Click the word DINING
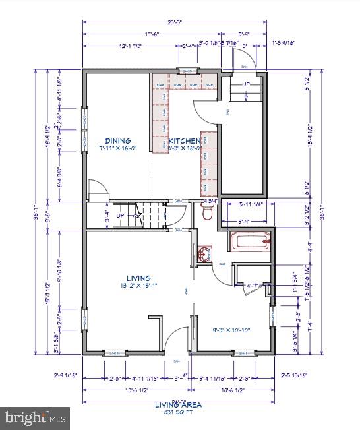[x=118, y=141]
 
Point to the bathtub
[x=251, y=242]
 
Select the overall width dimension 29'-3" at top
[x=174, y=22]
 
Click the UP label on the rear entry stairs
[x=246, y=85]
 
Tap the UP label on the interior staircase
[x=120, y=216]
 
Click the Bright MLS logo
[x=36, y=417]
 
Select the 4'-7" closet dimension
[x=252, y=286]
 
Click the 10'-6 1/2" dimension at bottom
[x=232, y=390]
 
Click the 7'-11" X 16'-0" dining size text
[x=118, y=149]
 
